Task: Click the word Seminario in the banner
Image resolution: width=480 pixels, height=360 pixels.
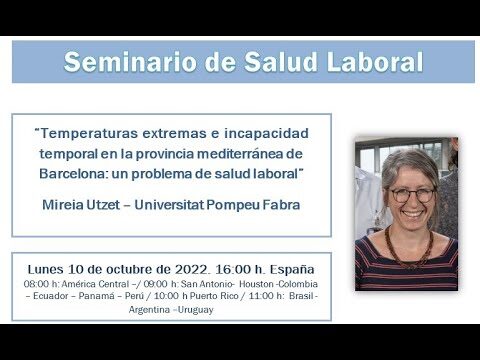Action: (x=130, y=62)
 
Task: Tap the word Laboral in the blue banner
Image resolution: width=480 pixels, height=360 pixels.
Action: (x=375, y=62)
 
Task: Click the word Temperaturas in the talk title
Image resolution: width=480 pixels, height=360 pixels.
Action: (x=88, y=133)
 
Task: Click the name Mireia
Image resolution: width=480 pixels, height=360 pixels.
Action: (x=62, y=205)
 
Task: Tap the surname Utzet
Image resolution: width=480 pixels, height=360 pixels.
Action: (x=103, y=205)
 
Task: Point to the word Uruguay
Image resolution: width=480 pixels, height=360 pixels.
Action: (x=195, y=310)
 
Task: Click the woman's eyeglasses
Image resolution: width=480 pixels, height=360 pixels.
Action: (x=412, y=195)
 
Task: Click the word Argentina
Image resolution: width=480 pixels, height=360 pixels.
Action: (x=149, y=310)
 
